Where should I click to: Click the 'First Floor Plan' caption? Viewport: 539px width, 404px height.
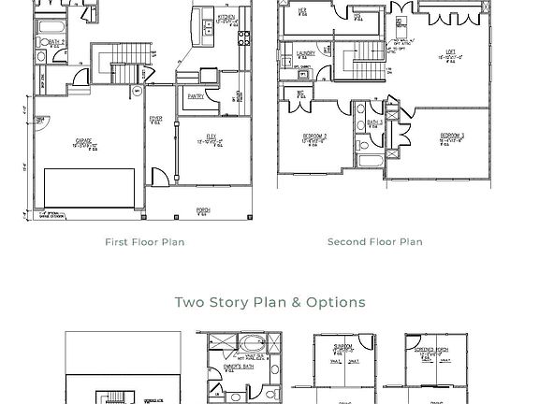pyautogui.click(x=144, y=242)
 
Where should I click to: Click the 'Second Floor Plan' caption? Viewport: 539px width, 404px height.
pyautogui.click(x=374, y=242)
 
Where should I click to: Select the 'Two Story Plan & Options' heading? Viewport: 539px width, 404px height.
pyautogui.click(x=269, y=302)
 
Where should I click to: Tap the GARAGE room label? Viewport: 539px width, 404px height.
pyautogui.click(x=83, y=141)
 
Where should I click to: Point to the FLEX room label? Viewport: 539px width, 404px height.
pyautogui.click(x=211, y=137)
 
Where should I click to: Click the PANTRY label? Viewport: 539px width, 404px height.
pyautogui.click(x=196, y=96)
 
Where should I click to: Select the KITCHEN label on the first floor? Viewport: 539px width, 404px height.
pyautogui.click(x=226, y=18)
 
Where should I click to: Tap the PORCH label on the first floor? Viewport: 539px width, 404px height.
pyautogui.click(x=202, y=210)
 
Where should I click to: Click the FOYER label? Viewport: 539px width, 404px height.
pyautogui.click(x=155, y=119)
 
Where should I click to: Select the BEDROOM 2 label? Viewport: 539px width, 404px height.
pyautogui.click(x=313, y=137)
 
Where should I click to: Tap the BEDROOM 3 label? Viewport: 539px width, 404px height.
pyautogui.click(x=452, y=137)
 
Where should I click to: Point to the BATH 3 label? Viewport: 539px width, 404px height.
pyautogui.click(x=373, y=123)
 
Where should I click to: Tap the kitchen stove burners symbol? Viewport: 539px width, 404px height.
pyautogui.click(x=244, y=38)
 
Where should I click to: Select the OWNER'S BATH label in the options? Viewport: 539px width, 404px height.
pyautogui.click(x=238, y=368)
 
